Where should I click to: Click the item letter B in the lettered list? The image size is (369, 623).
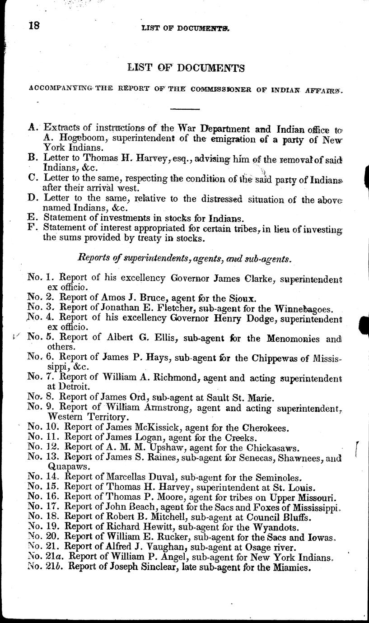32,158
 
